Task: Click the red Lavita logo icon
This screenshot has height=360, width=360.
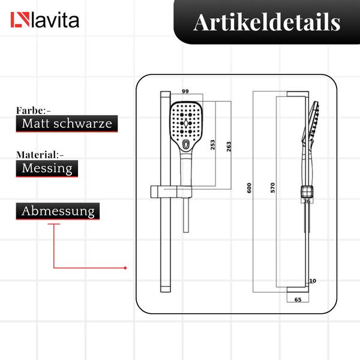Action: tap(20, 20)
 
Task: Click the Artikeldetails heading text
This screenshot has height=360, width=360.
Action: tap(267, 22)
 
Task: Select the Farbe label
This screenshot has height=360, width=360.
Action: tap(33, 110)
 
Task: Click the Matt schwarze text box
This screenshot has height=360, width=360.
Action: tap(67, 124)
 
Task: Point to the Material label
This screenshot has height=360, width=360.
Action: tap(40, 155)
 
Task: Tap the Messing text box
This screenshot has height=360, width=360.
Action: tap(47, 169)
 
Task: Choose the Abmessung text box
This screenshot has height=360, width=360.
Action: tap(58, 211)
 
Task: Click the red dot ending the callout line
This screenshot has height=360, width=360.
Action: tap(125, 268)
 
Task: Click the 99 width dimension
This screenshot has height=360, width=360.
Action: tap(185, 91)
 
